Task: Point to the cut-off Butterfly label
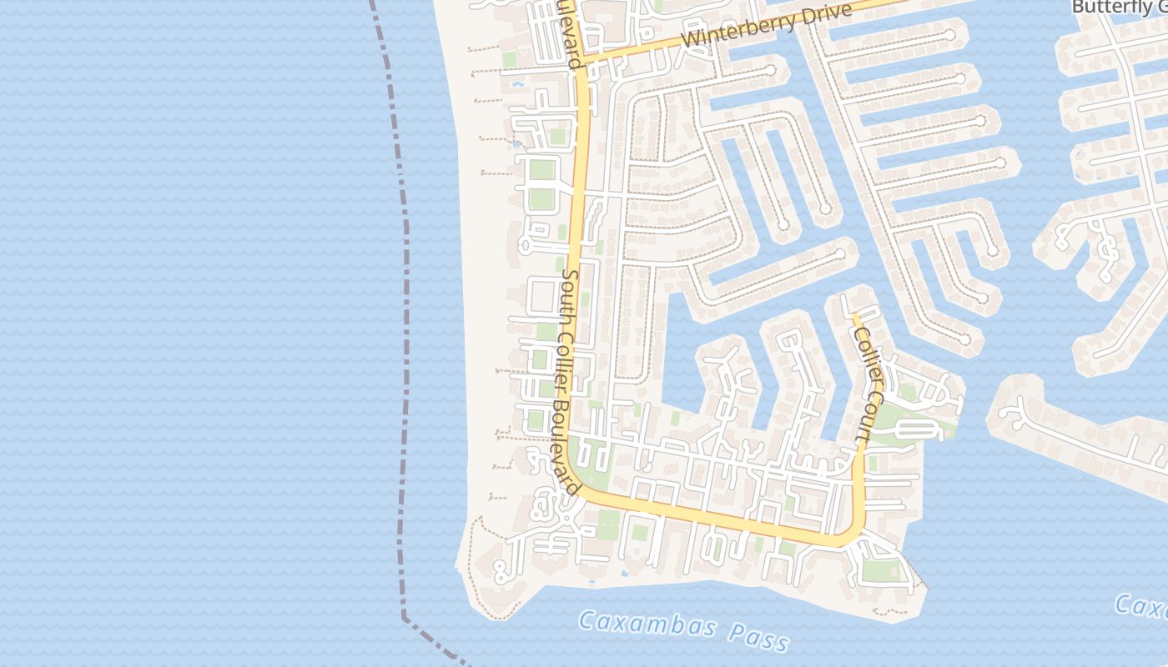click(1118, 7)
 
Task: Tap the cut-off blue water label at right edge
click(1143, 607)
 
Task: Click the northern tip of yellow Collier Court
click(853, 315)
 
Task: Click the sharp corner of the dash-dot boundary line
click(405, 618)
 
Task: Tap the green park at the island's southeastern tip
click(881, 570)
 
